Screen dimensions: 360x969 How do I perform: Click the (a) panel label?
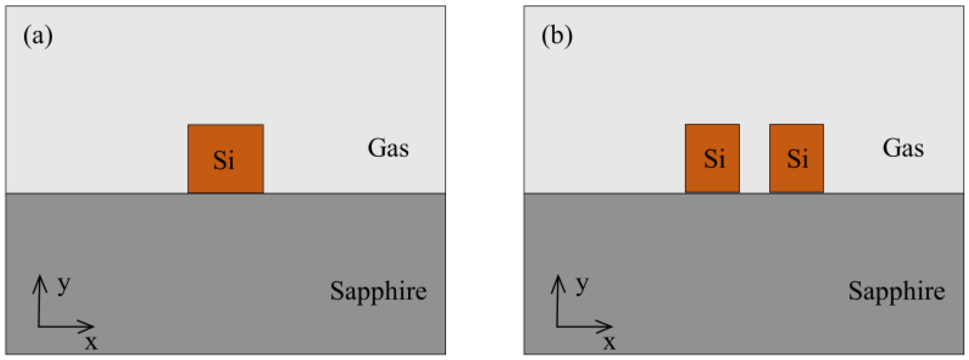[38, 36]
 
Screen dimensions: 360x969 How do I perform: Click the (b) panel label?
[557, 36]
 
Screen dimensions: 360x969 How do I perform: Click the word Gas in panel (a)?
[388, 148]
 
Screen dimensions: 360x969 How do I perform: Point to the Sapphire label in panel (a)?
[378, 291]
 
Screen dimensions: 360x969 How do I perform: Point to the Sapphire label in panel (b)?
[896, 291]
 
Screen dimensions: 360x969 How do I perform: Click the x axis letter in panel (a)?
[91, 343]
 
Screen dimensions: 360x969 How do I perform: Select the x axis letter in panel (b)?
[609, 343]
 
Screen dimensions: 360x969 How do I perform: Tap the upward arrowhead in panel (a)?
[39, 280]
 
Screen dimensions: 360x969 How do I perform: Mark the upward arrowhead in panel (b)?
[558, 280]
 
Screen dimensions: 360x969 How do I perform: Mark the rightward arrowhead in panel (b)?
[608, 326]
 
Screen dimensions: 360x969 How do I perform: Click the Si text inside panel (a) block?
[223, 160]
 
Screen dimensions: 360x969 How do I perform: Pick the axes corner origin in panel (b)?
[557, 326]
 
